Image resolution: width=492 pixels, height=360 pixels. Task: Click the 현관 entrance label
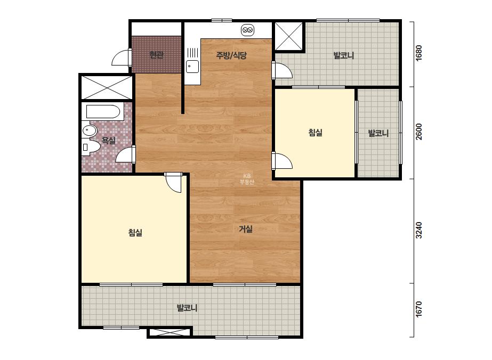point(156,55)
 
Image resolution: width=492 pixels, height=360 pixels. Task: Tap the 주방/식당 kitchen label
point(231,55)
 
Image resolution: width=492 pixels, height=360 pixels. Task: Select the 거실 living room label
point(246,229)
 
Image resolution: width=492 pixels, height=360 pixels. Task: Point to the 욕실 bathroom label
point(109,141)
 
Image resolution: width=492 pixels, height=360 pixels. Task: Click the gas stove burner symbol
point(247,30)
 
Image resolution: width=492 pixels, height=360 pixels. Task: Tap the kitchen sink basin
point(192,67)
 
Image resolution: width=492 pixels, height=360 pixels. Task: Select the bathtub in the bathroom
point(102,112)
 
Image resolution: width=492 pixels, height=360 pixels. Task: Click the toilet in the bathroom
point(91,147)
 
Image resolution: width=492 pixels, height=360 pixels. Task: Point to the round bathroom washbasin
point(90,130)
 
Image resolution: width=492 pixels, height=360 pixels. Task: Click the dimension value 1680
point(418,53)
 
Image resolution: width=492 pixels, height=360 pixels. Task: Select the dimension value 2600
point(418,132)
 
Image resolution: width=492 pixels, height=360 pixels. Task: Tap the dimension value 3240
point(418,230)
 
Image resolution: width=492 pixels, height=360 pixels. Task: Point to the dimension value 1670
point(418,309)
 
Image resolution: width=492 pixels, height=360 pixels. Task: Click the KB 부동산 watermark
point(247,179)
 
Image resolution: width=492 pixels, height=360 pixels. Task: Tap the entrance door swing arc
point(120,58)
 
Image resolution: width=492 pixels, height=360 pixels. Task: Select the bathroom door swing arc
point(124,155)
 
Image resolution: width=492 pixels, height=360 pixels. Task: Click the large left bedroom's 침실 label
point(135,232)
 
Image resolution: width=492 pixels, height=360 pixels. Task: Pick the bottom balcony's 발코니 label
point(187,308)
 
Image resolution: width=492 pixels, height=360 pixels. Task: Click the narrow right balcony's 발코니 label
point(378,133)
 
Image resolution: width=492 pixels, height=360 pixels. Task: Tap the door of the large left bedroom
point(173,183)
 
